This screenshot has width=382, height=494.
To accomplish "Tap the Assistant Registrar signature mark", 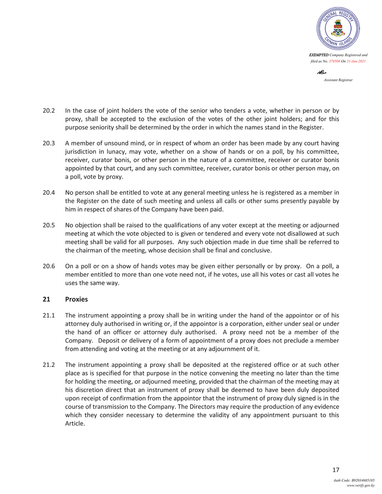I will point(322,72).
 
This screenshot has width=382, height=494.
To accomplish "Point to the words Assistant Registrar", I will point(338,80).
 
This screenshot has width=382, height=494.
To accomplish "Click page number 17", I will point(335,470).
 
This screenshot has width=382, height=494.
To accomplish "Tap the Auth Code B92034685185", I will point(360,480).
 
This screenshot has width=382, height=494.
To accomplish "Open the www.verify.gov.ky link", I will point(361,485).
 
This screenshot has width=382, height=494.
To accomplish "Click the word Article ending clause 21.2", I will point(75,423).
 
